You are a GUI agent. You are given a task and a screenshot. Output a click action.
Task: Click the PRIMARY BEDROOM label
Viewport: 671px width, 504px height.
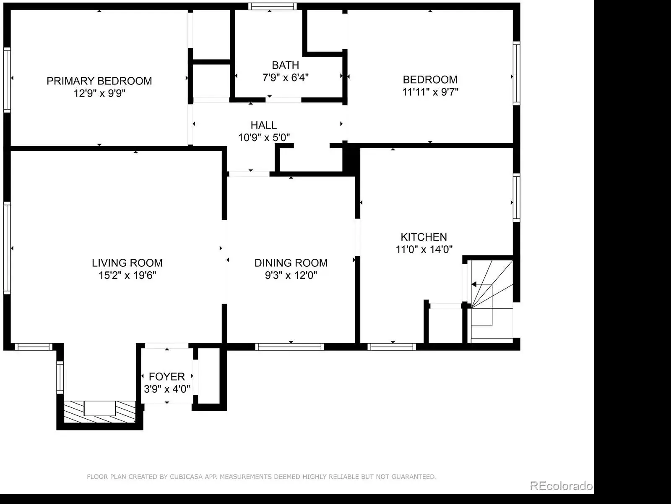99,81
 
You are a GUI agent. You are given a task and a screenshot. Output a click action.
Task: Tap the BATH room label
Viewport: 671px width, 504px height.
285,65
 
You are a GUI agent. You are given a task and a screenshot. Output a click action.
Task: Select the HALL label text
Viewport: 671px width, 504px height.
263,125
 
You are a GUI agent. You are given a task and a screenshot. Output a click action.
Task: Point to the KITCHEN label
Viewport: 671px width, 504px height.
424,237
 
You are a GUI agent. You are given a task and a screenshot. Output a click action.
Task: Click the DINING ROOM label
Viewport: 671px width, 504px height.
291,263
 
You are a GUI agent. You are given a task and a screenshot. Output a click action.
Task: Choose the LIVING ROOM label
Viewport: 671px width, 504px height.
127,263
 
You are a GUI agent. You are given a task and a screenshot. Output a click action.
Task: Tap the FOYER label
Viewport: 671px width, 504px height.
166,376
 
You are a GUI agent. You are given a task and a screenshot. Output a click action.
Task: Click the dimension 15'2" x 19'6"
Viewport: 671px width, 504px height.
127,275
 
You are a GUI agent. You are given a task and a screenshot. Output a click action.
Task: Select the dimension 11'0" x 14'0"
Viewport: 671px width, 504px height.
424,249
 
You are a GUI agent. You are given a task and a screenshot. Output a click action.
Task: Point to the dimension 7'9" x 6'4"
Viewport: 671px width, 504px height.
285,77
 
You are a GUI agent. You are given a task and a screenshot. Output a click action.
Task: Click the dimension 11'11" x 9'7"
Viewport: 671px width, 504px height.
430,92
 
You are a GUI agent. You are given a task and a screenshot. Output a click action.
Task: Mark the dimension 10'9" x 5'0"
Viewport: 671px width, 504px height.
263,137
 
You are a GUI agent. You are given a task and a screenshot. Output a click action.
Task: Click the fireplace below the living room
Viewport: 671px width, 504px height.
100,412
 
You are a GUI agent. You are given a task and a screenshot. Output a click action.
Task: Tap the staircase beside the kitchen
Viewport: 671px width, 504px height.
492,301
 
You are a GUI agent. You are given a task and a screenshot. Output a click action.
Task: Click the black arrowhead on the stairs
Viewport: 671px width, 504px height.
474,284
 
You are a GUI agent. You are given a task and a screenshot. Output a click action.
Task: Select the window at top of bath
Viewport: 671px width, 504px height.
272,6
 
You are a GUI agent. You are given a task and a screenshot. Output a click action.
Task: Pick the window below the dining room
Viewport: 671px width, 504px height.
289,347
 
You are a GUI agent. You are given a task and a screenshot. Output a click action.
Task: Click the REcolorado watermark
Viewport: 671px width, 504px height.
561,486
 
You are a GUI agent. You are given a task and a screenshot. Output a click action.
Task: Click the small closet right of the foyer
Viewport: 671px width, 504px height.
209,376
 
